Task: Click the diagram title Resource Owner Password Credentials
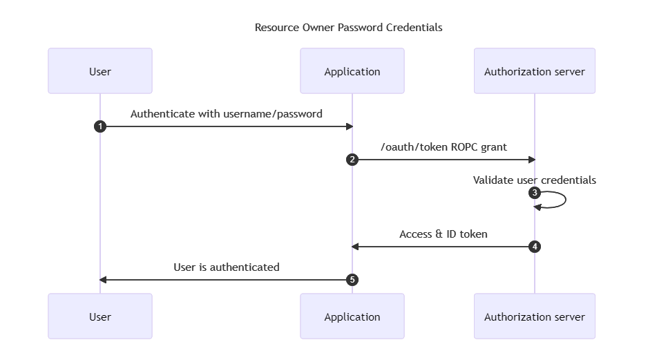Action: [x=348, y=28]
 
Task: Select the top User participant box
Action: [x=100, y=71]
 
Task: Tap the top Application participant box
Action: [x=352, y=71]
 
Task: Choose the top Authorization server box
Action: [x=534, y=71]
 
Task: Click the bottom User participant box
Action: [x=100, y=316]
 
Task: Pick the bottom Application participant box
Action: [x=352, y=316]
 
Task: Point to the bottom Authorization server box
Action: [x=534, y=316]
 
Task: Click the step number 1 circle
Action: [x=100, y=126]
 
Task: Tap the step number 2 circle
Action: [x=352, y=160]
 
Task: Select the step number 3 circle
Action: [x=534, y=193]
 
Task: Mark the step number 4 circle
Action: [x=534, y=246]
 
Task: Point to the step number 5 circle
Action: [x=352, y=280]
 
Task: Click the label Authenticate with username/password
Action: [x=226, y=114]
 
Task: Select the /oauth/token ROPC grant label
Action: [x=443, y=147]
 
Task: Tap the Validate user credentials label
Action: [x=534, y=180]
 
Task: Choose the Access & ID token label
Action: [x=443, y=234]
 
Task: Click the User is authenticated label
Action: [x=226, y=267]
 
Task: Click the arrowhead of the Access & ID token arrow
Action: [x=355, y=246]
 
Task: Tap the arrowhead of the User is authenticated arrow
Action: [x=104, y=280]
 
